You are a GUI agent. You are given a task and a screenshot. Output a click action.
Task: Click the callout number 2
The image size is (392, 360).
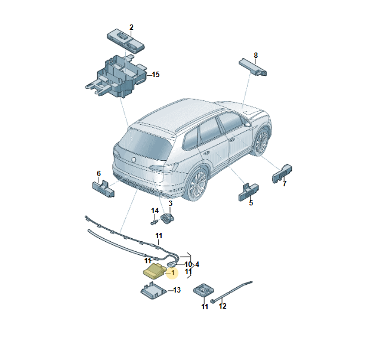(x=131, y=27)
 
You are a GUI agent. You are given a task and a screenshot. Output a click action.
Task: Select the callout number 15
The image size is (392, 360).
(x=156, y=75)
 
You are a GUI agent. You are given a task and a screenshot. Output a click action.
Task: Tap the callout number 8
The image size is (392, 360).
(x=255, y=56)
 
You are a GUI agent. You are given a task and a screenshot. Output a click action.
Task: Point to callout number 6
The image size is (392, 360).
(x=99, y=173)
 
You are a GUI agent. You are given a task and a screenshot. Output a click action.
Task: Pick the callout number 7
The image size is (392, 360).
(x=284, y=184)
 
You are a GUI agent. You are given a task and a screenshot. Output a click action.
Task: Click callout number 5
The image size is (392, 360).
(x=251, y=202)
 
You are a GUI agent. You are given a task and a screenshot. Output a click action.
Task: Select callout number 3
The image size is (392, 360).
(x=170, y=203)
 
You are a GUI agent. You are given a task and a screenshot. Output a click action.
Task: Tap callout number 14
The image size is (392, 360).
(x=155, y=211)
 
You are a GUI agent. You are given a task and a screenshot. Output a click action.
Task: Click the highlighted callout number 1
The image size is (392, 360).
(x=173, y=272)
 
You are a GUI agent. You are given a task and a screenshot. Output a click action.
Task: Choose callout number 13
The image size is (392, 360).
(x=177, y=290)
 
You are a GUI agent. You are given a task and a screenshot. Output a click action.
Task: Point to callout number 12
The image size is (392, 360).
(x=223, y=306)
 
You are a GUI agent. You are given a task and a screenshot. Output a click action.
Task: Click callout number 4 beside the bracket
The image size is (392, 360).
(x=197, y=264)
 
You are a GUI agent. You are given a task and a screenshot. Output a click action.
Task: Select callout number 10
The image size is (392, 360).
(x=188, y=264)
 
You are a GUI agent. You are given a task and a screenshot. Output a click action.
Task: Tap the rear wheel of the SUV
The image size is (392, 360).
(x=198, y=184)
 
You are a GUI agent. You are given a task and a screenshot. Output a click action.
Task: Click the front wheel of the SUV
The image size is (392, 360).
(x=262, y=141)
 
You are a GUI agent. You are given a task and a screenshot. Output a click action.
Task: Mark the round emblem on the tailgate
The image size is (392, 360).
(x=134, y=159)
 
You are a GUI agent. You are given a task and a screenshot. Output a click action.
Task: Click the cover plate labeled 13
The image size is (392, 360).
(x=153, y=291)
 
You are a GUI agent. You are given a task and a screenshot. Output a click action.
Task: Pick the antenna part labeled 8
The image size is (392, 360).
(x=253, y=66)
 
